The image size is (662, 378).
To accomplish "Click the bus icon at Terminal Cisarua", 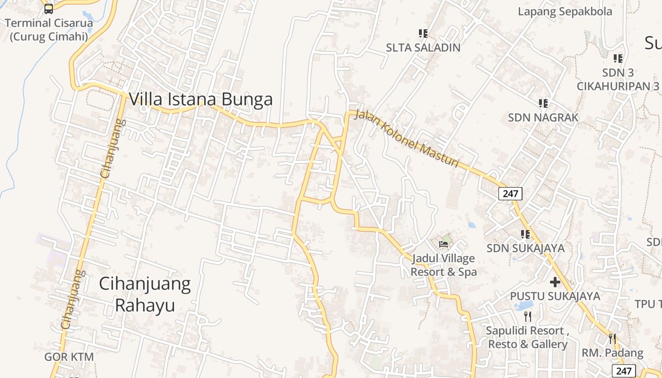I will (x=49, y=9).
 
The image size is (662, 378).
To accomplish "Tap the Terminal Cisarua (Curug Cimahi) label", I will (x=49, y=29).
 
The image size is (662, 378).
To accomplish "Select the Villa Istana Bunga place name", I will (x=200, y=99).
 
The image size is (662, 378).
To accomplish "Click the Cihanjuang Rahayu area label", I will (x=145, y=294).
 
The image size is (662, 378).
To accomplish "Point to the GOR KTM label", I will (x=69, y=357).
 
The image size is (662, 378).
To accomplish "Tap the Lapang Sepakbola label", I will (x=565, y=11).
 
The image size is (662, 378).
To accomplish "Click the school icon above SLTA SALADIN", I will (x=423, y=33).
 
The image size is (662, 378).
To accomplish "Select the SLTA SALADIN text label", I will (x=423, y=47).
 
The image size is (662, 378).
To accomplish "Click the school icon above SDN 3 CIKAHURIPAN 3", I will (x=618, y=58).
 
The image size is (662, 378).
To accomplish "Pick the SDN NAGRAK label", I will (x=543, y=117).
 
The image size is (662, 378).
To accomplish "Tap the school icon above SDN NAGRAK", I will (x=543, y=103).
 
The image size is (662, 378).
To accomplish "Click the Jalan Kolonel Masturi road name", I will (x=407, y=138).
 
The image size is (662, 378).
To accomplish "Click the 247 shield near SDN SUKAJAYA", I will (x=510, y=193).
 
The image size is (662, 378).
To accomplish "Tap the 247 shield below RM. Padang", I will (x=624, y=371).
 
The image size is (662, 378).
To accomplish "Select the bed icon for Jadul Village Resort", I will (x=444, y=244).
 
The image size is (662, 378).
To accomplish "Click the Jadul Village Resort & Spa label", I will (x=444, y=265).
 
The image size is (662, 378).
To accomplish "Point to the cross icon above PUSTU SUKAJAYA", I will (x=555, y=282).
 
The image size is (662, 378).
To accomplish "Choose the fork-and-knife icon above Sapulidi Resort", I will (x=528, y=316).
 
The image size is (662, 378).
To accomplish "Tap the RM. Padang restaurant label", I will (x=612, y=353).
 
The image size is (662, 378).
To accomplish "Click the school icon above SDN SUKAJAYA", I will (x=525, y=234).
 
